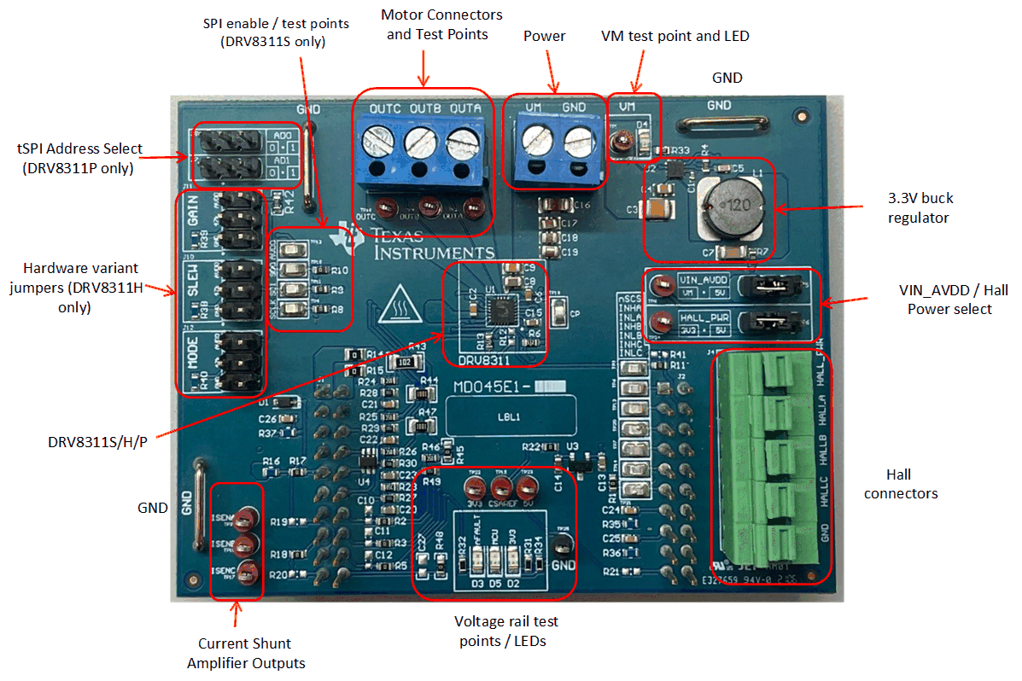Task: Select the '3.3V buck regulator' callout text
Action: (920, 208)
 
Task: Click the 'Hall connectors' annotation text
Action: (900, 484)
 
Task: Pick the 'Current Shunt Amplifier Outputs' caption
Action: (245, 653)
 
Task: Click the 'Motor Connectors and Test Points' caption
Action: (441, 25)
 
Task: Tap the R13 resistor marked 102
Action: (403, 361)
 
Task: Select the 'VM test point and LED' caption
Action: (675, 36)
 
